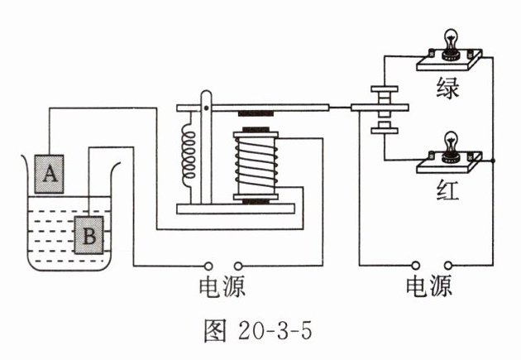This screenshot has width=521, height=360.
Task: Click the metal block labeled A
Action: (49, 174)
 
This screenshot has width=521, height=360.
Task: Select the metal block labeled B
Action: (88, 235)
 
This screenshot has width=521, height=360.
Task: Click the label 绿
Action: (448, 89)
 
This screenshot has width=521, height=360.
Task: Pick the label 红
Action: (448, 190)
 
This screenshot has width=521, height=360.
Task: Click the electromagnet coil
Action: (256, 166)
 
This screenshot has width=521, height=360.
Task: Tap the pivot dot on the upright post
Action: (206, 108)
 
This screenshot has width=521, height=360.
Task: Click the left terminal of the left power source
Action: (208, 266)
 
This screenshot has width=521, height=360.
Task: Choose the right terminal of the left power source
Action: (238, 266)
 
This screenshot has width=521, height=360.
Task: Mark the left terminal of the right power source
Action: (415, 266)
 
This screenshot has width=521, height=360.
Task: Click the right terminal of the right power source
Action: (448, 266)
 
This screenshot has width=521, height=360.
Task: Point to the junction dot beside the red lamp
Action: (493, 161)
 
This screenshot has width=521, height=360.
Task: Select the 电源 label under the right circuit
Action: (429, 286)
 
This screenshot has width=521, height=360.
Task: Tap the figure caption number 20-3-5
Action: (275, 331)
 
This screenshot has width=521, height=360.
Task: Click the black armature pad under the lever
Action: (256, 113)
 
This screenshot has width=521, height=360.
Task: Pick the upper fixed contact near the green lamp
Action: (385, 89)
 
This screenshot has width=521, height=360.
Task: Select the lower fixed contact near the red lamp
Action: (385, 131)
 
